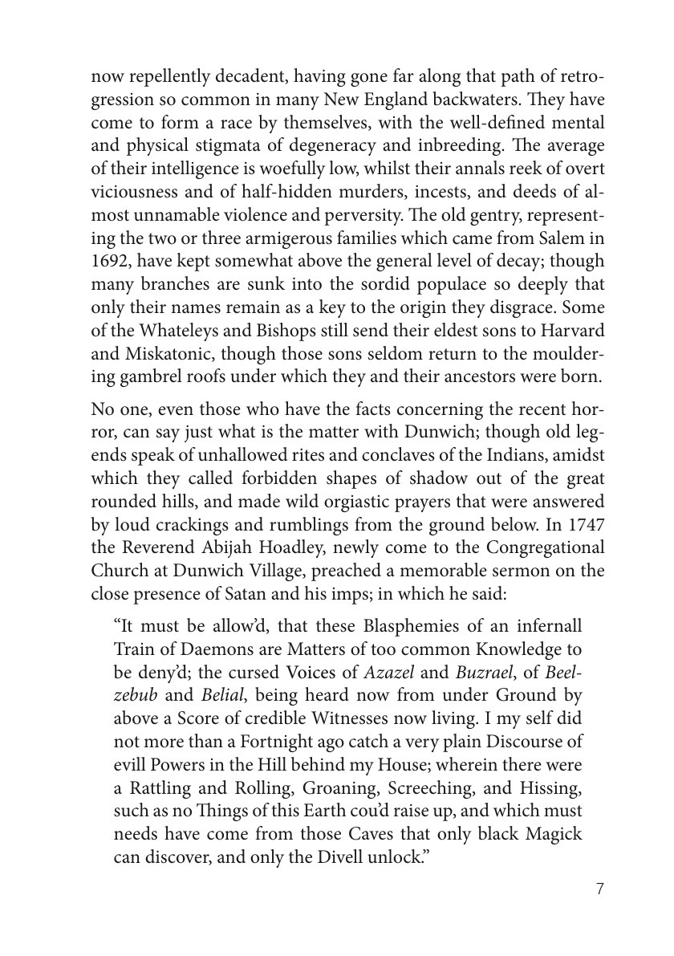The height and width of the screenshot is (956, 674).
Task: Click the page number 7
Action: (x=600, y=888)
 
